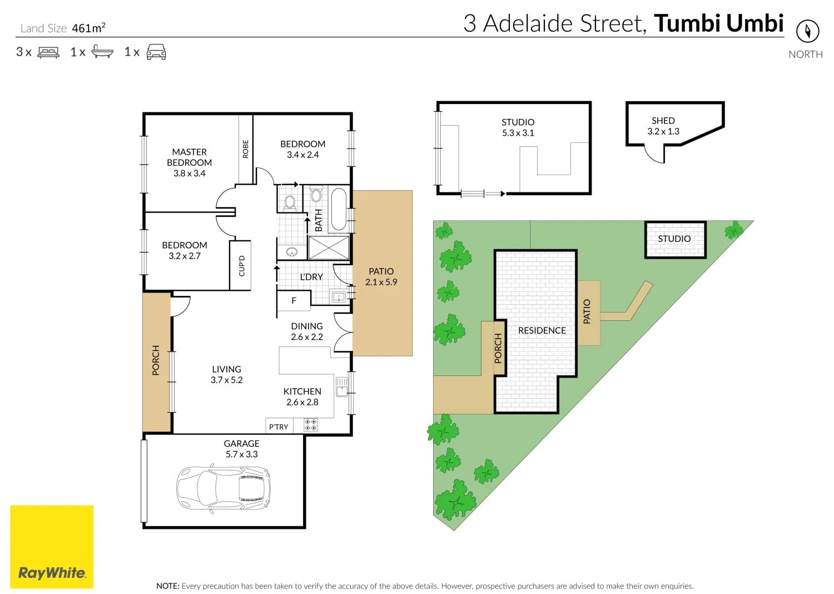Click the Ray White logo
tap(52, 547)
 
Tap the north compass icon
tap(807, 31)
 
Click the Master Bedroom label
tap(189, 162)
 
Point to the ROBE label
tap(246, 149)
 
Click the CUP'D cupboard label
tap(241, 265)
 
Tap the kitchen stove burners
tap(310, 425)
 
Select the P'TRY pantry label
tap(279, 427)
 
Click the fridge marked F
tap(294, 301)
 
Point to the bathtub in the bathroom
tap(339, 209)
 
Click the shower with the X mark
tap(329, 247)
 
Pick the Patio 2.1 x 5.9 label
tap(381, 276)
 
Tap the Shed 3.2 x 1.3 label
tap(663, 126)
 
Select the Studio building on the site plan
tap(675, 240)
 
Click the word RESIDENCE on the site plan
tap(542, 330)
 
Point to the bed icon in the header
tap(48, 52)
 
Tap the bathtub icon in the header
tap(102, 52)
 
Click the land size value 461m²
tap(88, 28)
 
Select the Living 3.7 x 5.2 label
tap(226, 374)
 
